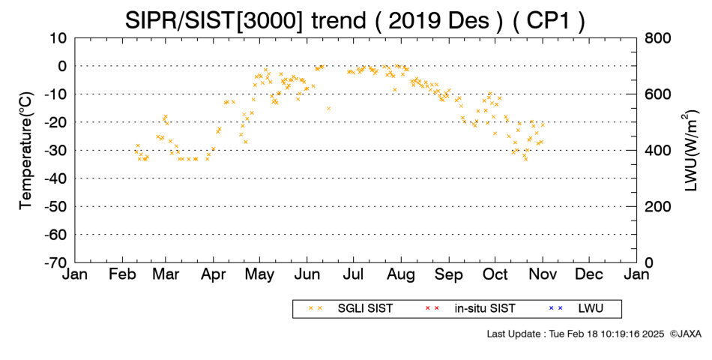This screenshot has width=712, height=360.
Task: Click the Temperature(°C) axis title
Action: pos(26,151)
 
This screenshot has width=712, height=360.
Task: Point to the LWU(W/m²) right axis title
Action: pos(690,151)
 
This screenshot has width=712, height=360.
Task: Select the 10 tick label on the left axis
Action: pos(58,37)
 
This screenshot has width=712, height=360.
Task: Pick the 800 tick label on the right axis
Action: pos(658,37)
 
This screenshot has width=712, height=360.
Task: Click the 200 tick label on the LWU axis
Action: pos(658,206)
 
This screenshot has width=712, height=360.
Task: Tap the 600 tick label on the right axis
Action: pos(658,94)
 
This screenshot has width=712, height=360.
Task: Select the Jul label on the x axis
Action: pos(353,274)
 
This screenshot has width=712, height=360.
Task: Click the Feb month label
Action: pos(122,274)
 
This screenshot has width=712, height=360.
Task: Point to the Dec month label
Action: pos(589,274)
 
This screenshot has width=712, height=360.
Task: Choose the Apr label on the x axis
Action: pos(213,274)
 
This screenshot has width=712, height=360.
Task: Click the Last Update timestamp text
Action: pos(576,334)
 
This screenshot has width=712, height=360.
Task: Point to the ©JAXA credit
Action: pos(685,334)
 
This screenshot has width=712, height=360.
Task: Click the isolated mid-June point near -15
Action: pos(329,108)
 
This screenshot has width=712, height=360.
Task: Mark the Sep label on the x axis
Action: pos(449,274)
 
